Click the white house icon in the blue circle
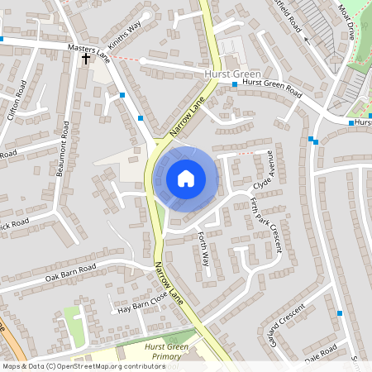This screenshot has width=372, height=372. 186,178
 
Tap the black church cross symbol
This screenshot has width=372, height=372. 85,60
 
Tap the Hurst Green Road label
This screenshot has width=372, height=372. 273,83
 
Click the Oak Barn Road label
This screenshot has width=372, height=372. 71,270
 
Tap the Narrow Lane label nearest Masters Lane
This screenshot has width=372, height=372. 187,118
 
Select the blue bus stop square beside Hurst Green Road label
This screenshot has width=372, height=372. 235,84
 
